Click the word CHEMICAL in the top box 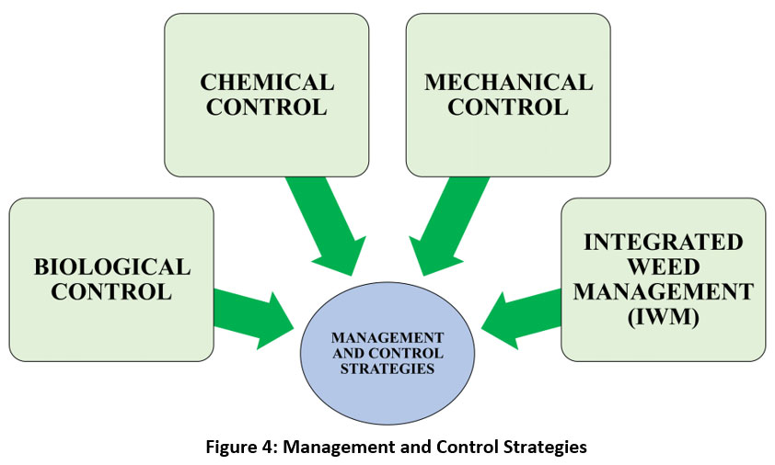(267, 83)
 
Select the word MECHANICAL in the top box (508, 83)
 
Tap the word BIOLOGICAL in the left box (112, 267)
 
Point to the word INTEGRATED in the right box (663, 243)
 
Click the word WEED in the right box (663, 267)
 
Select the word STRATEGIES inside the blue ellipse (387, 369)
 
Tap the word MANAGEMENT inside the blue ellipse (387, 338)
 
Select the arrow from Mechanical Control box (442, 221)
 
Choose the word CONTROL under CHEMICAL (267, 108)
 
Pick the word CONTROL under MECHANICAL (508, 108)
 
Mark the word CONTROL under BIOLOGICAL (112, 292)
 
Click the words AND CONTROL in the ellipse (387, 354)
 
